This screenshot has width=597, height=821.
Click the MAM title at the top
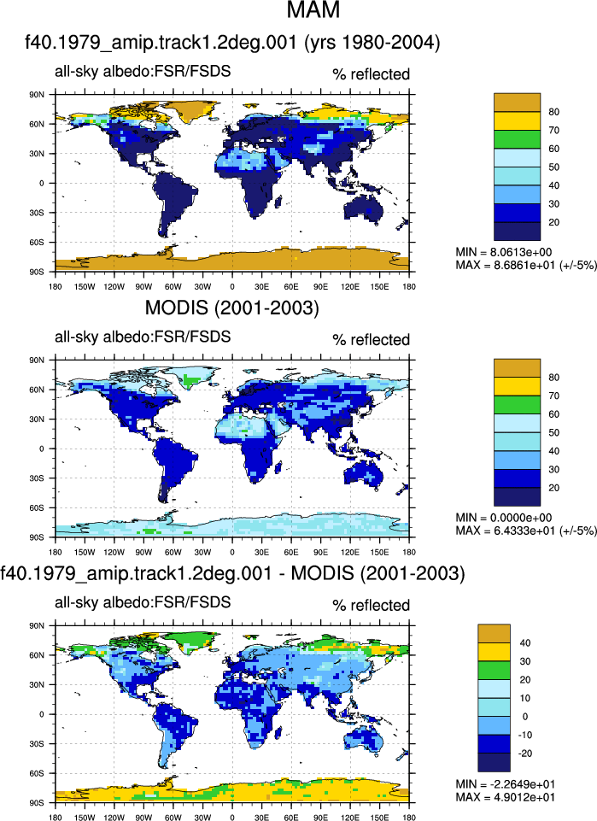pos(313,9)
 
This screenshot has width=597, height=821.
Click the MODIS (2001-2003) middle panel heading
pos(231,308)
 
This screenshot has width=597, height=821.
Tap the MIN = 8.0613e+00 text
pos(503,252)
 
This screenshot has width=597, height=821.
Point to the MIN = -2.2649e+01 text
pos(505,784)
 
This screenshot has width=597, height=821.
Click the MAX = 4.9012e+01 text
pos(505,797)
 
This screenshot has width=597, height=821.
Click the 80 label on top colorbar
pos(553,112)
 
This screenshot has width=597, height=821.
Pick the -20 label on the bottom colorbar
pos(524,754)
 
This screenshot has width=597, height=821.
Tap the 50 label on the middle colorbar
pos(553,432)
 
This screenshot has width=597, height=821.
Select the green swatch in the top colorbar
pos(517,139)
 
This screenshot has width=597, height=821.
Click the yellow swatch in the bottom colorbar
pos(494,652)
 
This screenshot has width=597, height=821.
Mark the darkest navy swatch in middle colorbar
pos(517,497)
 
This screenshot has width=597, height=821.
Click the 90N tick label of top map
pos(38,95)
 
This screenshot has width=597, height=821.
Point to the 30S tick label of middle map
pos(38,478)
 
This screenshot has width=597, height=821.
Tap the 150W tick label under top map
pos(85,286)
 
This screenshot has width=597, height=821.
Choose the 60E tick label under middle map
pos(291,552)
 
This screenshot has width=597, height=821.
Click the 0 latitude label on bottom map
pos(42,714)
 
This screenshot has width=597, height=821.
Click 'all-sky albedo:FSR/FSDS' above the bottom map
pos(143,602)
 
